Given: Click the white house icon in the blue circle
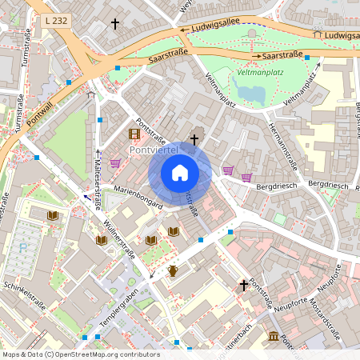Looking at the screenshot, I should [x=180, y=173].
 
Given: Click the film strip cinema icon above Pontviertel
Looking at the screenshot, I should [x=134, y=134].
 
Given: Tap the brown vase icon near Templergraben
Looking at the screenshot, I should [x=172, y=270].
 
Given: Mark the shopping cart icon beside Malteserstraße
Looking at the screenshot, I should [x=115, y=162].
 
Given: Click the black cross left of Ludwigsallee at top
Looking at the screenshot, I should [x=114, y=24].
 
